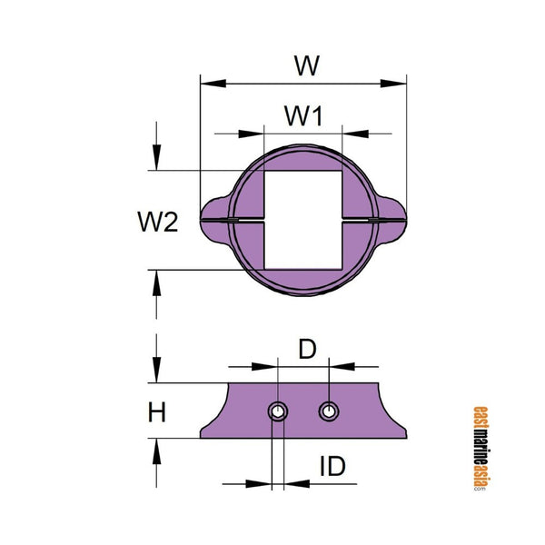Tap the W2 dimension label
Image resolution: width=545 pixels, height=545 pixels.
point(157,221)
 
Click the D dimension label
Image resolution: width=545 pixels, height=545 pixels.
point(307,349)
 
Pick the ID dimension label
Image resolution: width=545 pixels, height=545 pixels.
point(332,467)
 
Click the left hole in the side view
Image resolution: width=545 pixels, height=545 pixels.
point(278,412)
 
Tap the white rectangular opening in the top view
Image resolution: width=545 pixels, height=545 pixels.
point(302,219)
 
